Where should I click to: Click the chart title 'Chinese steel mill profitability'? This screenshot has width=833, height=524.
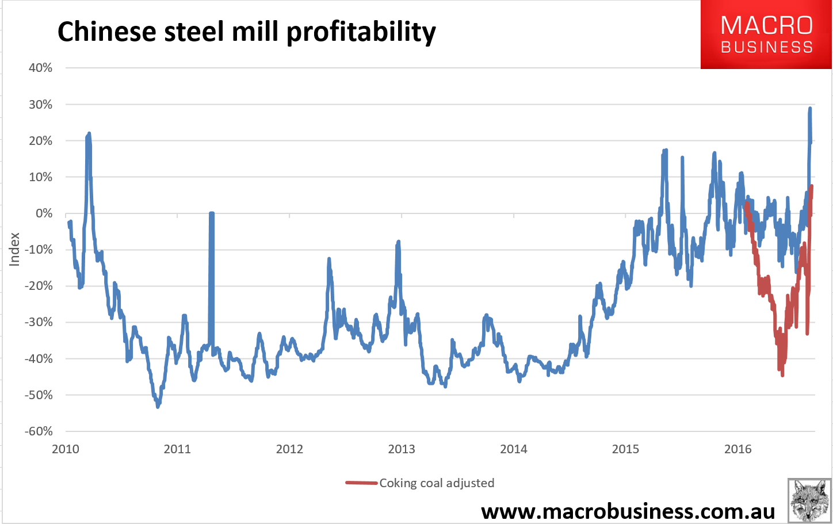[x=246, y=32]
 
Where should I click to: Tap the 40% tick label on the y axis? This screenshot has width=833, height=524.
[x=40, y=68]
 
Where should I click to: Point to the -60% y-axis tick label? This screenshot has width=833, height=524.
[x=39, y=431]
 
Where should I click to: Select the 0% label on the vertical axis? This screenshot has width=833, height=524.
[x=44, y=213]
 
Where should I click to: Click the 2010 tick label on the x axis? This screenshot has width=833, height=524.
[x=66, y=449]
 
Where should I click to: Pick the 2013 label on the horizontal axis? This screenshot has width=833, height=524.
[x=402, y=449]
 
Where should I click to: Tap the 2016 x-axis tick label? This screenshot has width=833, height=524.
[x=738, y=449]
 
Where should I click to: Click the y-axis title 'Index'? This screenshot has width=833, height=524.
[x=14, y=249]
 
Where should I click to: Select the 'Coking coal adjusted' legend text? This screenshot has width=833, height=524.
[x=437, y=483]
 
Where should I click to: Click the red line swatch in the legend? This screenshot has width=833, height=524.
[x=361, y=483]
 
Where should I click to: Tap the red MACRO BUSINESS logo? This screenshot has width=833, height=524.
[x=766, y=35]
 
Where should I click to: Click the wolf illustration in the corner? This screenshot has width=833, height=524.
[x=809, y=500]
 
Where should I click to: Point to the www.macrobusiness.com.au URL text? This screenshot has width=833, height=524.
[x=628, y=511]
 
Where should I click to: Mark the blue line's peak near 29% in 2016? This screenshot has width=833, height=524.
[x=810, y=109]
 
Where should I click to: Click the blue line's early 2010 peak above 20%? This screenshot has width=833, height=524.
[x=89, y=134]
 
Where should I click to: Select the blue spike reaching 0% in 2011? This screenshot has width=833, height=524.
[x=212, y=214]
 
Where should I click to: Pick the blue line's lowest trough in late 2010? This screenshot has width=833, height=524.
[x=158, y=406]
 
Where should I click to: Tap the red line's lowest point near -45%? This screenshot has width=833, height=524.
[x=782, y=374]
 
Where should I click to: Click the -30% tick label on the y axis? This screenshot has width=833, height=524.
[x=39, y=322]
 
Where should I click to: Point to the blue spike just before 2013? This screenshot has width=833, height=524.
[x=398, y=243]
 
